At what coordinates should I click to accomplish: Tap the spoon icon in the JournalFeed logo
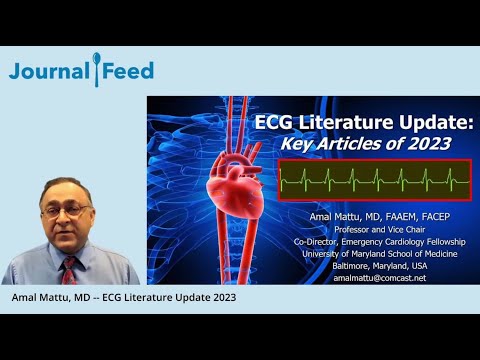click(96, 70)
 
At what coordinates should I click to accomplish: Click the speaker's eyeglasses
click(67, 212)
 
